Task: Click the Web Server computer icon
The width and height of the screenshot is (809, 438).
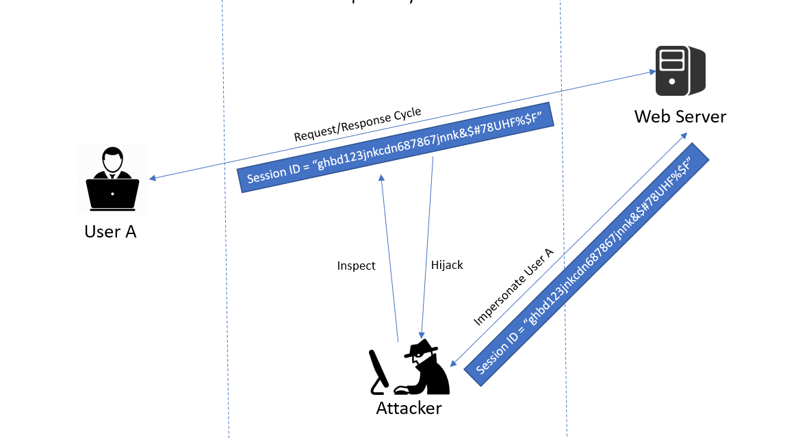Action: pyautogui.click(x=680, y=71)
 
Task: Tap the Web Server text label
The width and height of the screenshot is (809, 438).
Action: pyautogui.click(x=680, y=116)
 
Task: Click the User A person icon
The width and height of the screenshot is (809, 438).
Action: pyautogui.click(x=112, y=180)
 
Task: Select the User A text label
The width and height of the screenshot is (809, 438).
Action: pyautogui.click(x=110, y=231)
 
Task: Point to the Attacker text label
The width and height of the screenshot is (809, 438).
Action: pyautogui.click(x=409, y=409)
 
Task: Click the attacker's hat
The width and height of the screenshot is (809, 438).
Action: pyautogui.click(x=419, y=350)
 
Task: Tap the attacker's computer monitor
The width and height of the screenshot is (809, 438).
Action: pyautogui.click(x=378, y=370)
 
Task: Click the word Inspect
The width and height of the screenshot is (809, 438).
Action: pyautogui.click(x=356, y=266)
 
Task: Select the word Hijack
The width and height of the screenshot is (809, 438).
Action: pyautogui.click(x=447, y=264)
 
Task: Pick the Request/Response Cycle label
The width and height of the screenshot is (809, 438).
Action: pyautogui.click(x=357, y=125)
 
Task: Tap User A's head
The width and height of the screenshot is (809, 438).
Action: pyautogui.click(x=112, y=162)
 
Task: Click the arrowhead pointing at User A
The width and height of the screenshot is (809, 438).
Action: pyautogui.click(x=153, y=179)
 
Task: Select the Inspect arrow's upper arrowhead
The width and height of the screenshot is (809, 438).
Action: pyautogui.click(x=381, y=177)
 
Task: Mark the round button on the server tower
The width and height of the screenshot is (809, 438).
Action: pyautogui.click(x=671, y=81)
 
